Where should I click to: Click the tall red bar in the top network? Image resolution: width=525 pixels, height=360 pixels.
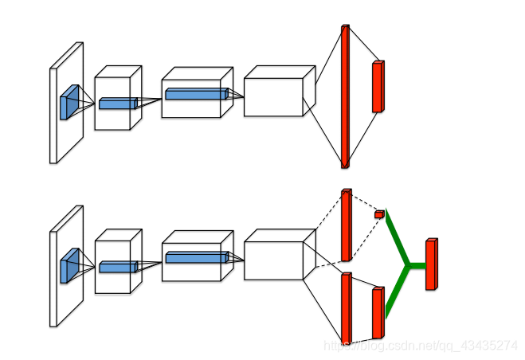[345, 96]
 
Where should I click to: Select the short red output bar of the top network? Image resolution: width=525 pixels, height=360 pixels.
[378, 86]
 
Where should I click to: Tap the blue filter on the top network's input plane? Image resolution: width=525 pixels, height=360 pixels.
[69, 102]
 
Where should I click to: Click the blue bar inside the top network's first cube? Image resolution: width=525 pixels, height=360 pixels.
[117, 103]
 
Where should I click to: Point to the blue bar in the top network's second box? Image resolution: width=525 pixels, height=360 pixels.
[196, 94]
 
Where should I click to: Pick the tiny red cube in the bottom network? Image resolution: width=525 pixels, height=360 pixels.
[379, 213]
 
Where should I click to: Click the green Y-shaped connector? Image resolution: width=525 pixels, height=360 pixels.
[407, 264]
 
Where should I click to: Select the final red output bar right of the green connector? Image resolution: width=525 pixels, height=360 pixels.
[431, 264]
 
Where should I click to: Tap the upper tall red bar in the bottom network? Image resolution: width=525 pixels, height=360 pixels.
[346, 225]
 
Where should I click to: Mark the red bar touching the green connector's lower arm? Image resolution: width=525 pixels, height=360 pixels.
[378, 313]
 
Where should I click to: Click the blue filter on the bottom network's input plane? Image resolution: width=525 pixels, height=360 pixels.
[69, 266]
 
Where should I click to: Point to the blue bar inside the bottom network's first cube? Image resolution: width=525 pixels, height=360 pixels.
[117, 267]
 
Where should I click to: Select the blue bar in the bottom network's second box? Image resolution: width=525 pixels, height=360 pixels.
[196, 257]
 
